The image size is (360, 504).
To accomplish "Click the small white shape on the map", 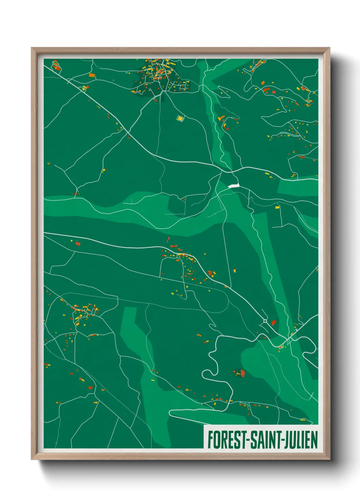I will click(x=234, y=186).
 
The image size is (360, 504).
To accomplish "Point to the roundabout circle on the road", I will click(x=265, y=321).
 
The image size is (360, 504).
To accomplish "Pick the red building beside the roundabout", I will click(x=273, y=322).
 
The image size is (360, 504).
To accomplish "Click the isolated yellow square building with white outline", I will click(x=180, y=118).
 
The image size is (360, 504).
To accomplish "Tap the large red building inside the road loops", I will click(x=243, y=373).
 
